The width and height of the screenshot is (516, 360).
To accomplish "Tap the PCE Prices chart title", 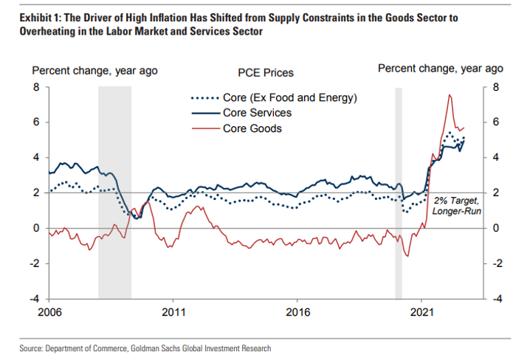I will [x=266, y=73].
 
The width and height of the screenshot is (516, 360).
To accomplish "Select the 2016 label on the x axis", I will [x=297, y=312].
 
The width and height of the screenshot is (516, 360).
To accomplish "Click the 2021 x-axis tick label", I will [x=422, y=312].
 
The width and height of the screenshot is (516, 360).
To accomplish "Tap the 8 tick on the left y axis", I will [x=35, y=86].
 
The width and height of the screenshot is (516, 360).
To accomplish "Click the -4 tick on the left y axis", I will [x=34, y=299].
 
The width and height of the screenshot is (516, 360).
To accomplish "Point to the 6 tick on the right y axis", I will [x=497, y=122].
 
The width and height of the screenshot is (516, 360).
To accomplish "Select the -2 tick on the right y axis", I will [x=497, y=263].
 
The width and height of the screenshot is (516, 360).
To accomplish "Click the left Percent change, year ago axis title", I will [x=94, y=71].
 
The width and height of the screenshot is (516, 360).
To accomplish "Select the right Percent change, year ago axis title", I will [x=440, y=69].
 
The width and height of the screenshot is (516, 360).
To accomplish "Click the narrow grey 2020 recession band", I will [x=399, y=192].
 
